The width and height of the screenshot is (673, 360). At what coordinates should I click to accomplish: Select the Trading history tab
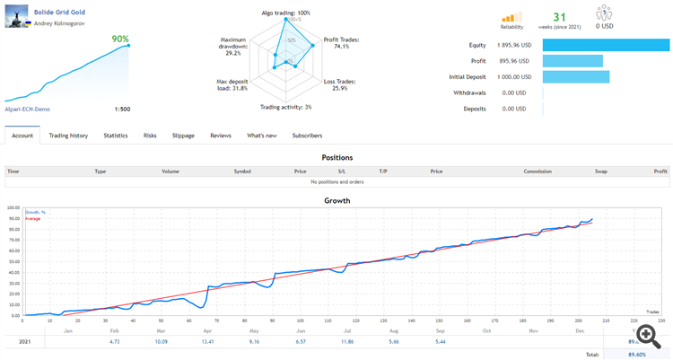tap(68, 136)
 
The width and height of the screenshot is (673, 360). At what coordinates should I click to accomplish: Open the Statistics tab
tap(115, 136)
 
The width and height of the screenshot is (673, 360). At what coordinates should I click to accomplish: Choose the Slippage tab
tap(182, 136)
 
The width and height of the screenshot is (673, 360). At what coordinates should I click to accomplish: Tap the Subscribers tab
tap(308, 136)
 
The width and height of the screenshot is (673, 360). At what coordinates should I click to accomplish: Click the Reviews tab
tap(221, 136)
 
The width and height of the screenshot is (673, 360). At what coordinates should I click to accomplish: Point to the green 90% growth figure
tap(119, 39)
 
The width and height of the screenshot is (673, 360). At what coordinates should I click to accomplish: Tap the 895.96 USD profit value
tap(519, 61)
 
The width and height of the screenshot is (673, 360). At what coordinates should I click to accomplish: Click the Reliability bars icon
tap(511, 17)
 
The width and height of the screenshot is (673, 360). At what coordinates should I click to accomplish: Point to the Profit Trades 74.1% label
tap(342, 43)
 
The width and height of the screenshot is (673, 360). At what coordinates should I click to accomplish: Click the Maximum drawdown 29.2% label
tap(233, 47)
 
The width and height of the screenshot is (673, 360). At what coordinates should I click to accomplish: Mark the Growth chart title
tap(336, 200)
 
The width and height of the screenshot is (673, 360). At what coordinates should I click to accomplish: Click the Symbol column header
tap(242, 171)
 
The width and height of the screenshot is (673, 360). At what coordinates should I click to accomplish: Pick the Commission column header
tap(538, 171)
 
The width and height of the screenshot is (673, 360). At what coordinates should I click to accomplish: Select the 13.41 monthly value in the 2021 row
tap(208, 341)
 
